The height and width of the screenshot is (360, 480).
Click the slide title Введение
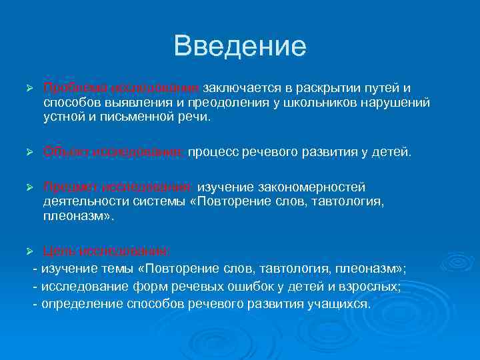point(240,47)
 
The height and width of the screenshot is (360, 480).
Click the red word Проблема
point(69,88)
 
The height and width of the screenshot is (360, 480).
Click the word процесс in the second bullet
point(211,152)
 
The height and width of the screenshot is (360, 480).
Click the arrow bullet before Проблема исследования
point(28,89)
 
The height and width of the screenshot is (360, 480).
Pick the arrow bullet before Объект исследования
point(28,153)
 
